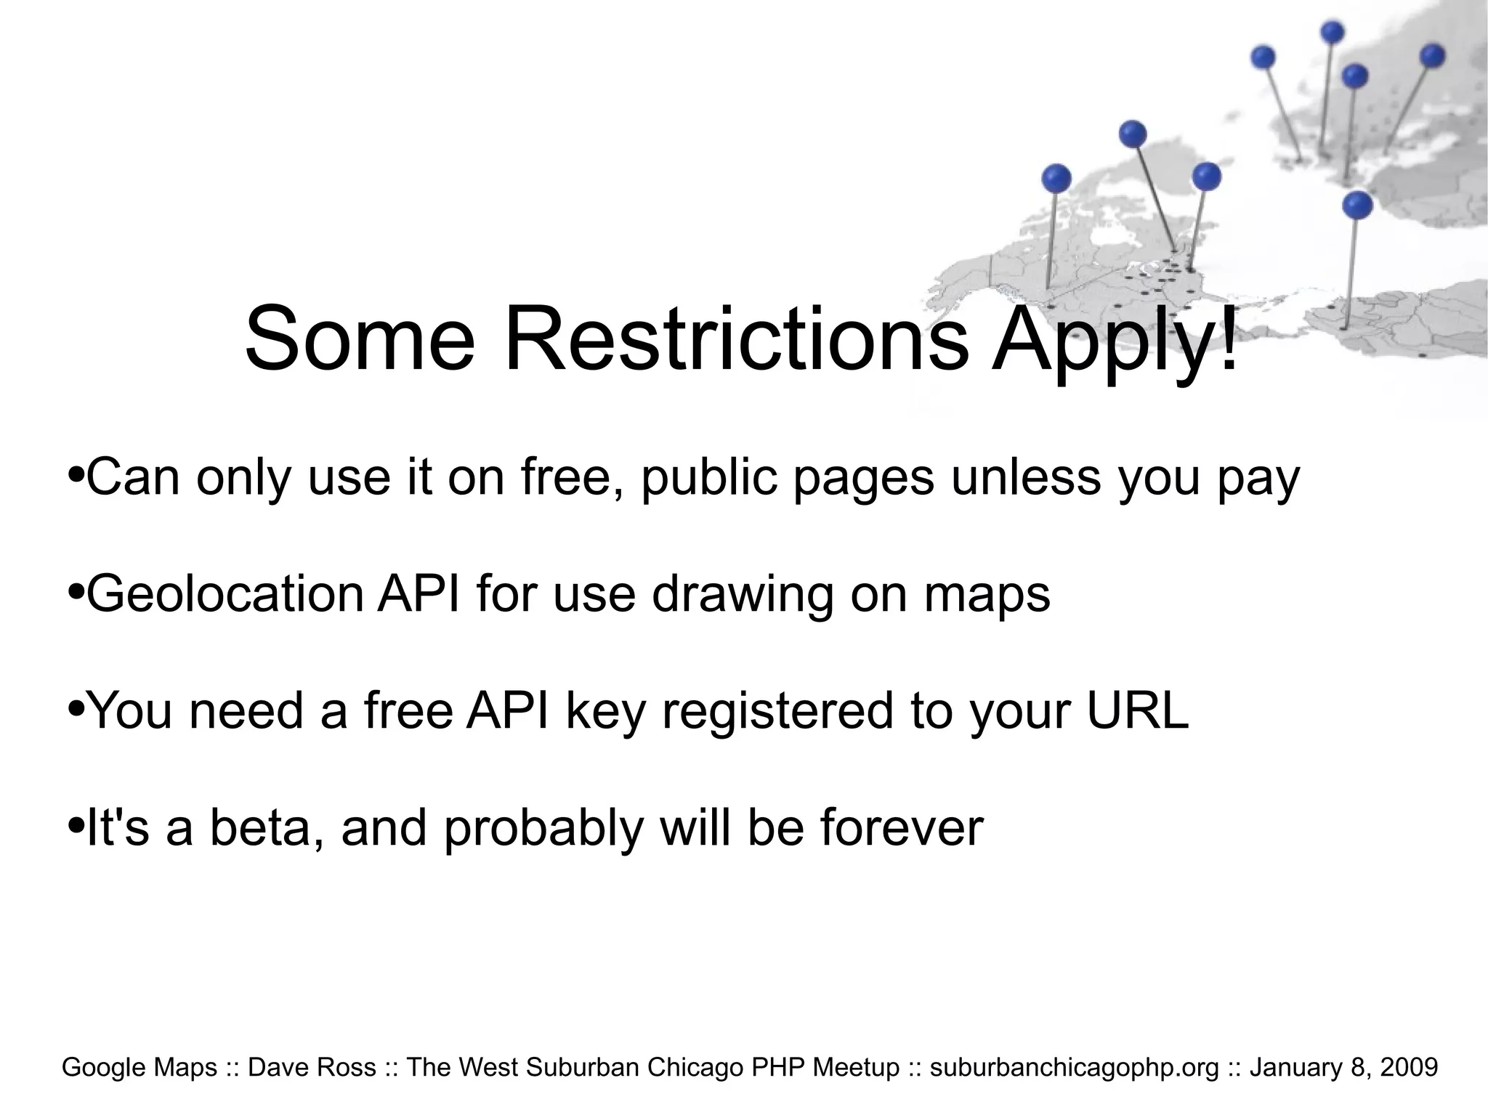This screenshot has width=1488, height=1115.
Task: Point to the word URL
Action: [1137, 710]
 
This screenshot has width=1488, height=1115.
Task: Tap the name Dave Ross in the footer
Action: [312, 1067]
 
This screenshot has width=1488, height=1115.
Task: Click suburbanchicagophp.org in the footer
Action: [1075, 1067]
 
